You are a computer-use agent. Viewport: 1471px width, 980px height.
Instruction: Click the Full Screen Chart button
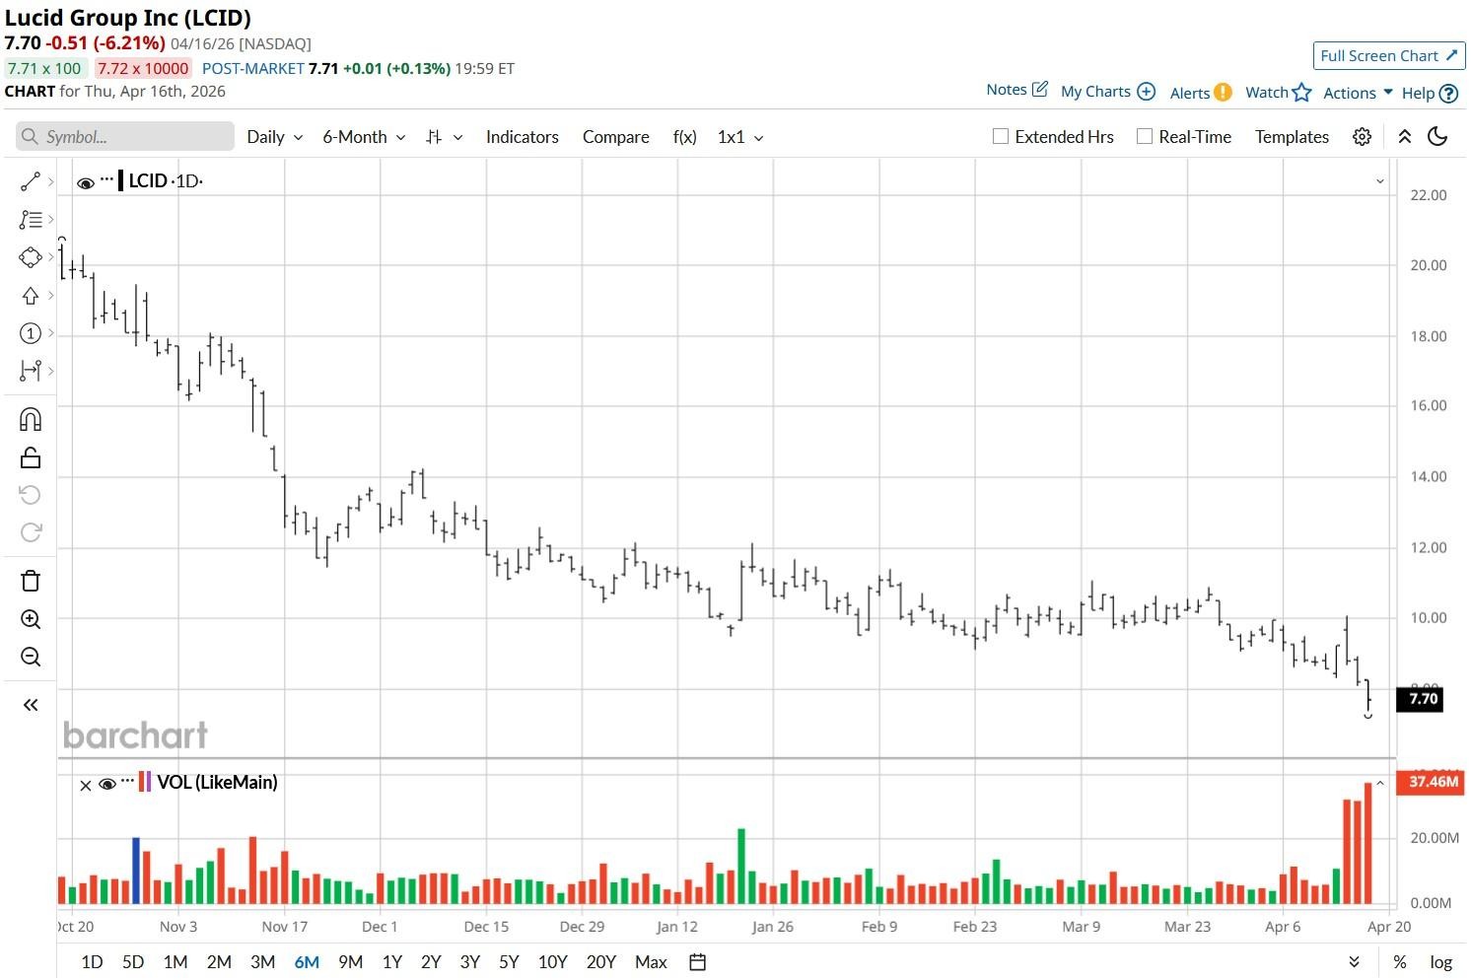click(x=1388, y=56)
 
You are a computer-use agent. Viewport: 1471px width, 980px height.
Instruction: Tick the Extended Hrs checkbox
click(x=1001, y=137)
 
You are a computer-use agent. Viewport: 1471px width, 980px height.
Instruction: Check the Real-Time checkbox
click(x=1145, y=137)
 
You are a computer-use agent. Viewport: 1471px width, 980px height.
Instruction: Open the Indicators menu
click(x=522, y=137)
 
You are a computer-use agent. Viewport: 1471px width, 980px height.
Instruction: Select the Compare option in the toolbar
click(x=615, y=137)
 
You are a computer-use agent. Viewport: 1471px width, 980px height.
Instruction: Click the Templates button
click(x=1292, y=137)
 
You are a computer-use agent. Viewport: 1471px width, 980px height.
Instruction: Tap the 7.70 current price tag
click(x=1421, y=699)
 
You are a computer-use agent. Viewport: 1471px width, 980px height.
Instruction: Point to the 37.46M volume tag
click(x=1432, y=782)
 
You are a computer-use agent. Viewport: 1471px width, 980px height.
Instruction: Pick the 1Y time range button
click(x=391, y=962)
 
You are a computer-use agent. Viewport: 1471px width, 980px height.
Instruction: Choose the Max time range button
click(x=651, y=962)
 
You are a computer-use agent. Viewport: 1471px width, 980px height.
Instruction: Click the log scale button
click(x=1440, y=962)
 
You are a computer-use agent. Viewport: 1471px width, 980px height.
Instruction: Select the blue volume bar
click(x=136, y=871)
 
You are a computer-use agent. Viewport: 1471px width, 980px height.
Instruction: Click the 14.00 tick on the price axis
click(x=1428, y=476)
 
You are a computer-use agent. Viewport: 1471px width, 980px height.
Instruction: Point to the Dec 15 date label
click(x=486, y=927)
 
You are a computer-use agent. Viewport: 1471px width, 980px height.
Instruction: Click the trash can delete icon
click(x=31, y=581)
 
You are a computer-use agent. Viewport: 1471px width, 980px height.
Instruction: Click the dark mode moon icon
click(x=1437, y=137)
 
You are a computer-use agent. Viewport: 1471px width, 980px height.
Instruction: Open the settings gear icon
click(x=1362, y=137)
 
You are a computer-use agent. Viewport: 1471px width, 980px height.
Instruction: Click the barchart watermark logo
click(x=135, y=735)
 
